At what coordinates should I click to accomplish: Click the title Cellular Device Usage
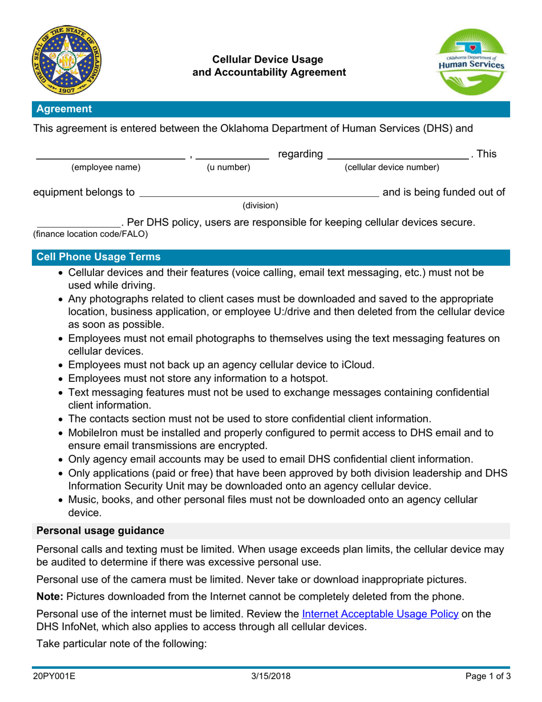(x=268, y=59)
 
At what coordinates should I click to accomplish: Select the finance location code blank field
(x=79, y=223)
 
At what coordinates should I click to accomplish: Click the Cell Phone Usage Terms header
(x=98, y=257)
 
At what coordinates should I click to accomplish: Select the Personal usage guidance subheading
(x=100, y=531)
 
